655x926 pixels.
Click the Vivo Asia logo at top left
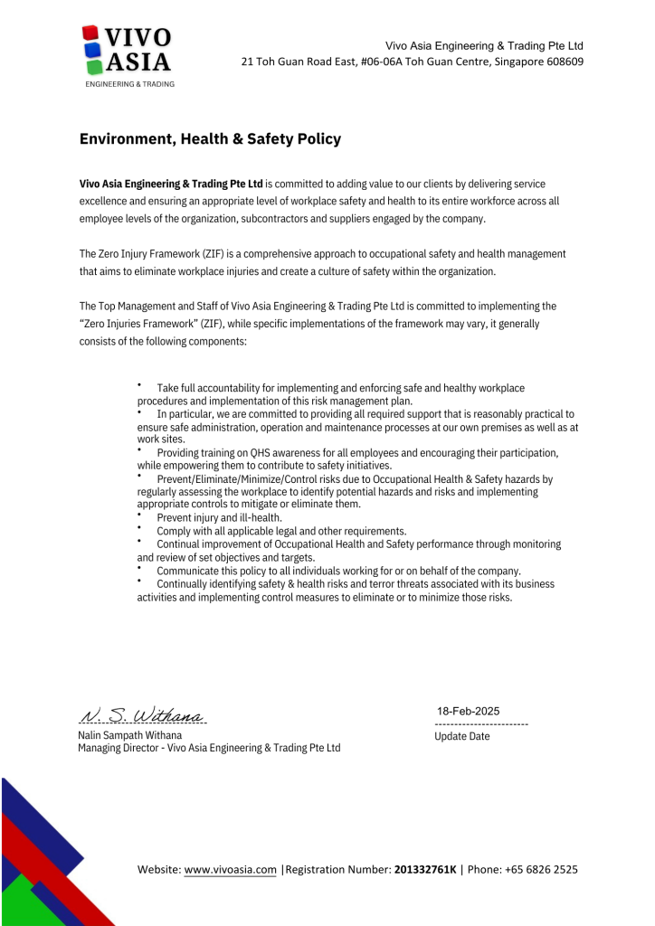[x=127, y=54]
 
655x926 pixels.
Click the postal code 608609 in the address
[x=564, y=61]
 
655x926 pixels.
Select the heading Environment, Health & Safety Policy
[x=210, y=139]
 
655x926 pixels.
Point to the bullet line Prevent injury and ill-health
[x=219, y=518]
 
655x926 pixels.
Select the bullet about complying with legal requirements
[x=281, y=531]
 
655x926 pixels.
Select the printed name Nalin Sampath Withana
[x=129, y=735]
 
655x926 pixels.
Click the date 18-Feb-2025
[x=469, y=711]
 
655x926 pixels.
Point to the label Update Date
[x=462, y=736]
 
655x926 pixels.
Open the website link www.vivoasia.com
[x=230, y=870]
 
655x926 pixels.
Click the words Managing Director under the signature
[x=117, y=748]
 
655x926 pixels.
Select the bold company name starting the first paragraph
[x=171, y=184]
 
